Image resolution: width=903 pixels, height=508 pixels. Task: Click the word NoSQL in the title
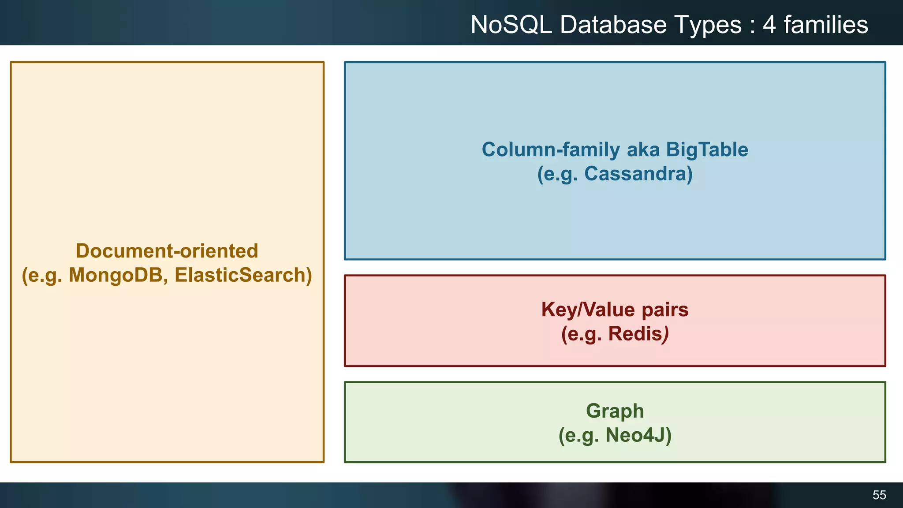[x=511, y=25]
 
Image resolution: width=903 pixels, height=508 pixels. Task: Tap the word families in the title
[x=825, y=25]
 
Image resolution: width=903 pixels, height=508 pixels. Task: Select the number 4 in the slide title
[x=769, y=25]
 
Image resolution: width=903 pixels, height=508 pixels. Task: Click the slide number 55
[x=879, y=495]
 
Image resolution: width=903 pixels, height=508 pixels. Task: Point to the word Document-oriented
[x=167, y=251]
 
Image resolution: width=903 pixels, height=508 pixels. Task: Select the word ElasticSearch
[x=243, y=275]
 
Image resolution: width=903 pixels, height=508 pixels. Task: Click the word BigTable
[x=707, y=150]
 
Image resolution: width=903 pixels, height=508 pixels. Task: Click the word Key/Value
[x=588, y=310]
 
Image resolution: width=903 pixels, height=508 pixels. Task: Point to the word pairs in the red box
[x=665, y=310]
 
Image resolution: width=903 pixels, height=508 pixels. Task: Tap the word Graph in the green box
[x=615, y=411]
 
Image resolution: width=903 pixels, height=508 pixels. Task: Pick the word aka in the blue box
[x=643, y=150]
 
